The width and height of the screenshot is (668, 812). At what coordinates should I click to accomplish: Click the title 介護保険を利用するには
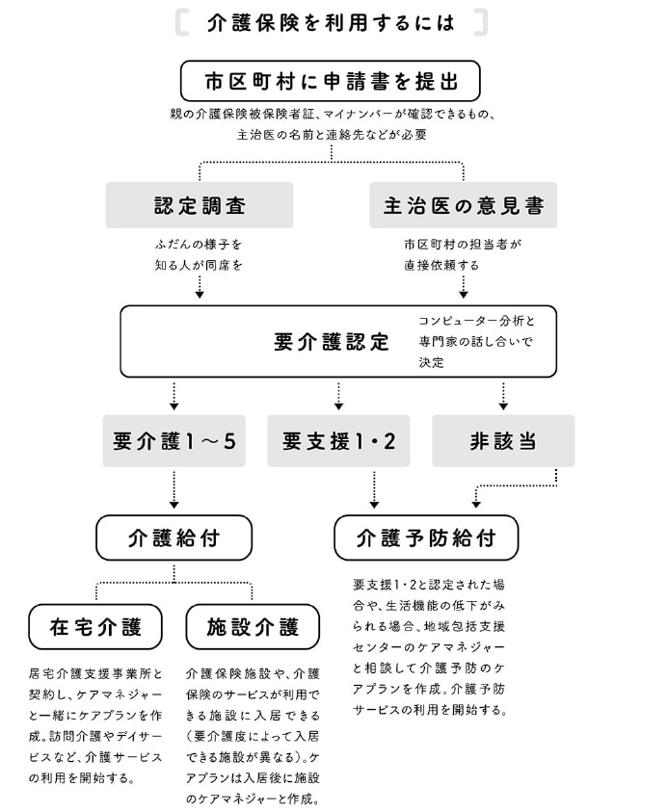332,21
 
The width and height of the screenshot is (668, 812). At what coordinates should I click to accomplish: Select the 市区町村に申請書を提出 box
330,81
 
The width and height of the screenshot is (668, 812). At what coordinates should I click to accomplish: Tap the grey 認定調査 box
200,205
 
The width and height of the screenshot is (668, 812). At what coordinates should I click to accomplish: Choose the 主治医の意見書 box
463,205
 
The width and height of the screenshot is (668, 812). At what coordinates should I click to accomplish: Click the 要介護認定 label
332,342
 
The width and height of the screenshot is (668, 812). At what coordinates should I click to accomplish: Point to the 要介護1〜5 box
174,441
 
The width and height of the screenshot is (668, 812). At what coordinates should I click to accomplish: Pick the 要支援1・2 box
338,441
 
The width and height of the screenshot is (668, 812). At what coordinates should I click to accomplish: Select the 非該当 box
503,441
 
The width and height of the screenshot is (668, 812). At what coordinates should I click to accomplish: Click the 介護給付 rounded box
174,537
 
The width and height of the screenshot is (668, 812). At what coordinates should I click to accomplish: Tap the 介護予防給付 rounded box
426,537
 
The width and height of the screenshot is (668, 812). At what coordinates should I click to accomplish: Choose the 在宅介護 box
95,627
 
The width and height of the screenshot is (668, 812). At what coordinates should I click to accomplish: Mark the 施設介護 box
253,627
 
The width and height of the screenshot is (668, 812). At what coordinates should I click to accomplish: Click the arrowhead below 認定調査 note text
200,294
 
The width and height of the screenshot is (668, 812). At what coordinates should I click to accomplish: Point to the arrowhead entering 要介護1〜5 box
174,406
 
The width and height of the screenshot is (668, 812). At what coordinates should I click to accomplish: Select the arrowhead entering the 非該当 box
503,406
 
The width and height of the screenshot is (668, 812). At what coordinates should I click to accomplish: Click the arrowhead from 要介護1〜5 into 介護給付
174,503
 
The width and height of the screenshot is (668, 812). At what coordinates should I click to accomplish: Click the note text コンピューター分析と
475,320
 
